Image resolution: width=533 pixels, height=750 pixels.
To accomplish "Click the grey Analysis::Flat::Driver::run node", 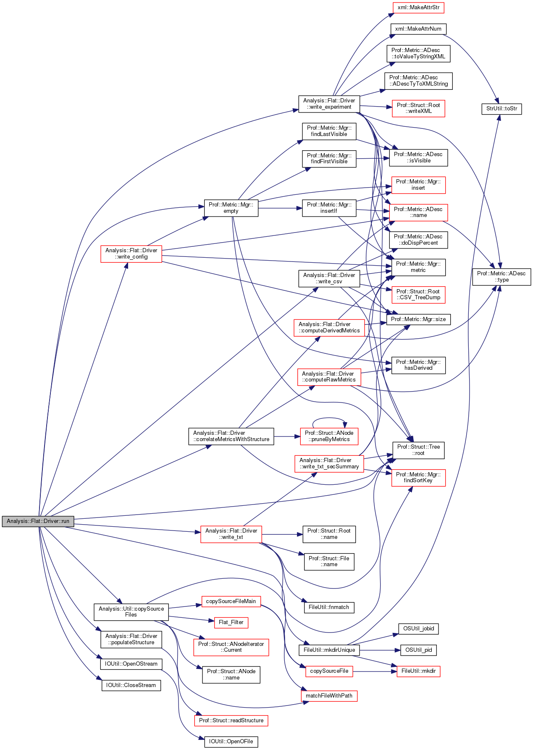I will [x=38, y=521].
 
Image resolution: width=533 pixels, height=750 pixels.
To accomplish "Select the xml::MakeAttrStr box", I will [x=418, y=8].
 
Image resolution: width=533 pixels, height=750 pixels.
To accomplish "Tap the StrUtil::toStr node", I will [x=501, y=109].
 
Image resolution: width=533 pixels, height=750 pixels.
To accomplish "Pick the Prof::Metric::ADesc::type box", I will [x=501, y=277].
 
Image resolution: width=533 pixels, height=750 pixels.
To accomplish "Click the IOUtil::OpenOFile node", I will [x=231, y=742].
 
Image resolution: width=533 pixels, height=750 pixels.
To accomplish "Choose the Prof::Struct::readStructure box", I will [x=231, y=721].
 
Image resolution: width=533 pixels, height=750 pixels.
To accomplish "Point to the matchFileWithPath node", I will [x=329, y=696].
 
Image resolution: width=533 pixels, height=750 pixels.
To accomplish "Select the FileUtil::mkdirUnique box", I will [x=329, y=650].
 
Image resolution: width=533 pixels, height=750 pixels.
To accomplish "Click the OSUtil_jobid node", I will [x=419, y=629].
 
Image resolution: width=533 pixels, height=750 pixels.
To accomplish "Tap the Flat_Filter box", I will [x=231, y=622].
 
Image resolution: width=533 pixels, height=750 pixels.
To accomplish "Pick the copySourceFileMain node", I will [x=231, y=601].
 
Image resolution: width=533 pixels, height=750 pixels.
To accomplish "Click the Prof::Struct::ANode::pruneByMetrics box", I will [x=329, y=436].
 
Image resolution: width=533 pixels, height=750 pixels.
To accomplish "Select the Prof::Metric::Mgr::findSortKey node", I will [x=418, y=478].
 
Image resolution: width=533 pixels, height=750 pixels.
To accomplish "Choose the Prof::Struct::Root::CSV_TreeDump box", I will [x=418, y=295].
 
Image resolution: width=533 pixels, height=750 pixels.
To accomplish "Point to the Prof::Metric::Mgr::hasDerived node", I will [x=418, y=365].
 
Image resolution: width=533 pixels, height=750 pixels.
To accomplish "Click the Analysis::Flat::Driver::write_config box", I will [x=131, y=254].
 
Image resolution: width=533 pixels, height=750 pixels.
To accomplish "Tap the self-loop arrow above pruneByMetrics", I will [x=329, y=418].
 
